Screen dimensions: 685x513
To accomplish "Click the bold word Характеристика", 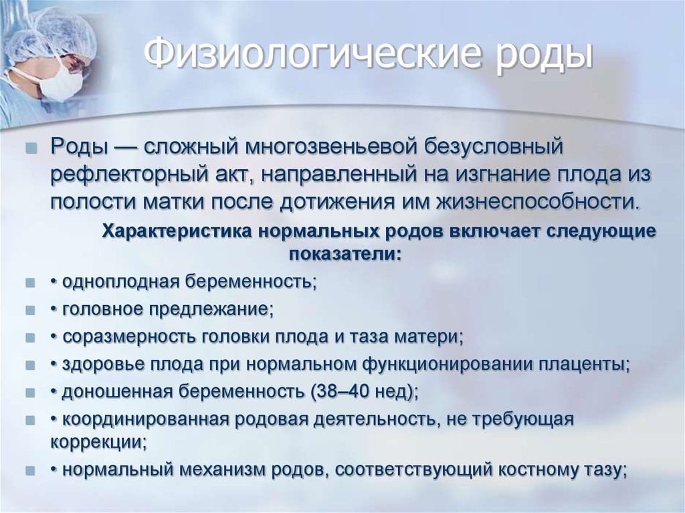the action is click(177, 231).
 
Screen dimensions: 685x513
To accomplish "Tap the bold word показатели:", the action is click(345, 254).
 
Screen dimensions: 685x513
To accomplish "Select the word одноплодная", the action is click(121, 282).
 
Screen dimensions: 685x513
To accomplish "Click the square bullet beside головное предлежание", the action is click(30, 311).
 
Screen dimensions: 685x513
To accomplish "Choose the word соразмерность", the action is click(129, 337).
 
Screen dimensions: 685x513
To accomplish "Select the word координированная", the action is click(146, 420).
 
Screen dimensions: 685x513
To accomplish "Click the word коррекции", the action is click(99, 442).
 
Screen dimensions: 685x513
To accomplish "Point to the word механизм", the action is click(221, 470).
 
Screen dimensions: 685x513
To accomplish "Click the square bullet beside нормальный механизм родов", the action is click(30, 471).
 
